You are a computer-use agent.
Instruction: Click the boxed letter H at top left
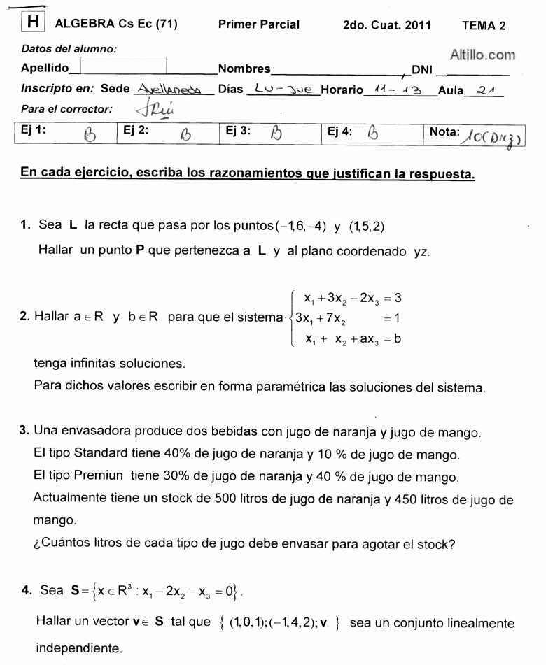pyautogui.click(x=32, y=23)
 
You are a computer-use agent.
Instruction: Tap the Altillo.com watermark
pyautogui.click(x=482, y=55)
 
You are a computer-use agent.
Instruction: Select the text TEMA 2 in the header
pyautogui.click(x=484, y=26)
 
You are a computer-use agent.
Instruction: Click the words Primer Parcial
pyautogui.click(x=258, y=24)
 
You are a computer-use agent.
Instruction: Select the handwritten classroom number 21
pyautogui.click(x=488, y=90)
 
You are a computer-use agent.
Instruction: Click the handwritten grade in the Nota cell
pyautogui.click(x=493, y=134)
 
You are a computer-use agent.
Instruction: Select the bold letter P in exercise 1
pyautogui.click(x=140, y=250)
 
